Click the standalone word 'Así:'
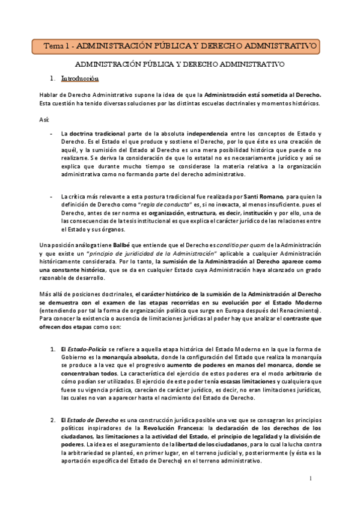[44, 119]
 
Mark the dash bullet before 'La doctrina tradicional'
[53, 133]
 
